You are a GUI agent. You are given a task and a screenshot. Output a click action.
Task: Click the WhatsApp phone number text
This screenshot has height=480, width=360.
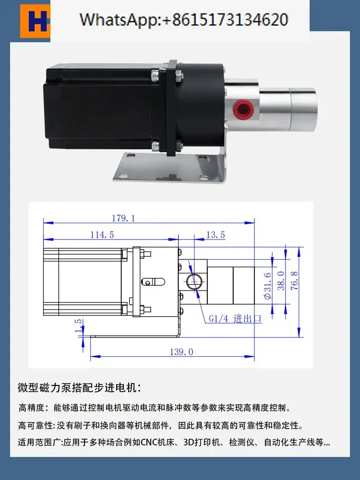point(184,20)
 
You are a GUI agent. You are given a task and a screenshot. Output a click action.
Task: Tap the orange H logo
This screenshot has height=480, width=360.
point(35,21)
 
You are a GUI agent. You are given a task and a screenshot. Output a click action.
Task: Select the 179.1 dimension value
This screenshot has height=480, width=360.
point(123,218)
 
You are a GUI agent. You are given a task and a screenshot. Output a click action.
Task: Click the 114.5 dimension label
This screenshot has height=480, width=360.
point(102,235)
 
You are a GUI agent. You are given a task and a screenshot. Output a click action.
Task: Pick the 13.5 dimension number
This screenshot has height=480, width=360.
point(216,235)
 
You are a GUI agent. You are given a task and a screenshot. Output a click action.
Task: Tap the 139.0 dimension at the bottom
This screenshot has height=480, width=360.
point(181,352)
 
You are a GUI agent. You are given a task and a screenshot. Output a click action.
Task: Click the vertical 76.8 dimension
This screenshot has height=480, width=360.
point(294,281)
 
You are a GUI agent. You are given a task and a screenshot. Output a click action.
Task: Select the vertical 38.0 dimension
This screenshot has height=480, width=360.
point(281,281)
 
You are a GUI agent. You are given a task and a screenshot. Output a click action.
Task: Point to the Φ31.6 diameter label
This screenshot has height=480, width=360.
point(267,286)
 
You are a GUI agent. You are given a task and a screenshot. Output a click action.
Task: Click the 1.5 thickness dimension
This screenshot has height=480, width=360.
point(79,326)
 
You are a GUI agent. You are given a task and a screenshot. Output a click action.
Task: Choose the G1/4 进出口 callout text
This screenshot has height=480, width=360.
point(235,319)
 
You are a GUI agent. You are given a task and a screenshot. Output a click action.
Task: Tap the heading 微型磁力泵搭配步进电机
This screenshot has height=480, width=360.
point(79,387)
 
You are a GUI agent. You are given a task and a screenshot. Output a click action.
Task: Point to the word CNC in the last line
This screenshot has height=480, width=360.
point(149,443)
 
